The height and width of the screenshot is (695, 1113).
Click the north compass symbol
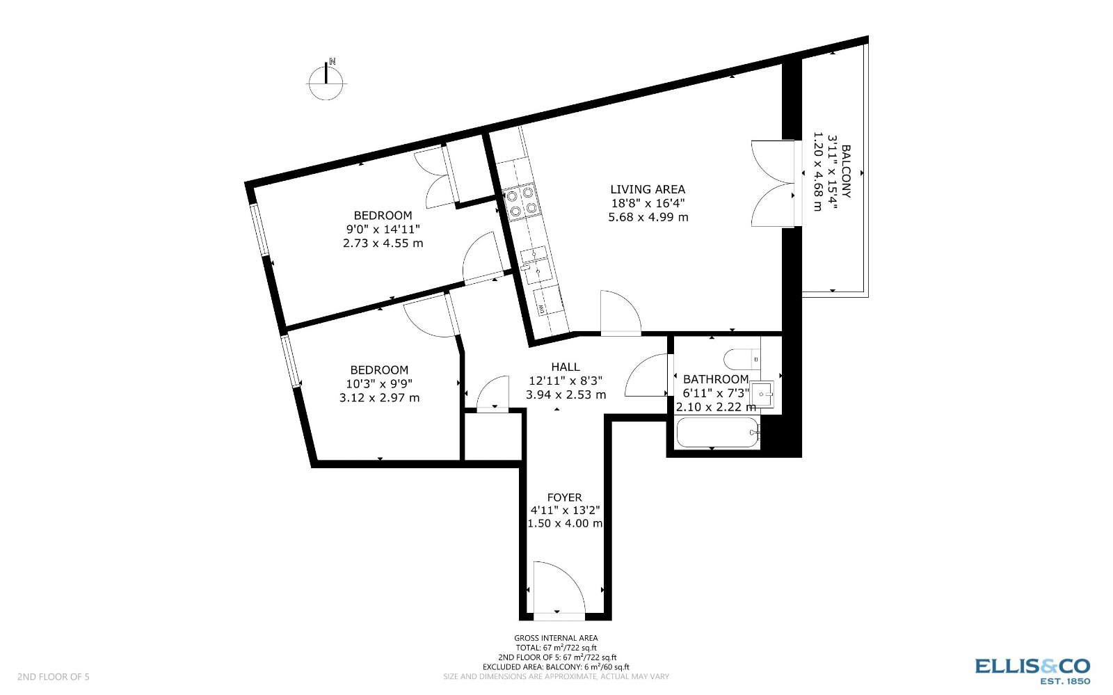326,81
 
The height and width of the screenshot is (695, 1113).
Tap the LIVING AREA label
648,189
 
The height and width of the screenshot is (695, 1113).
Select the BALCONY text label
846,172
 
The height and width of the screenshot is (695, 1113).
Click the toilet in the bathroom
740,359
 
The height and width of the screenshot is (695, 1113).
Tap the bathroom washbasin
762,394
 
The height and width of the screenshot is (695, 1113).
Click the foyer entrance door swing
559,588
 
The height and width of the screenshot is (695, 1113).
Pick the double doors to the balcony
772,184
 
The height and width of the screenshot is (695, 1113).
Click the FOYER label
564,497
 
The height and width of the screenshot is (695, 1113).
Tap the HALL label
565,367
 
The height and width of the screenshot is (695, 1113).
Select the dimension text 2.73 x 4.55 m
383,243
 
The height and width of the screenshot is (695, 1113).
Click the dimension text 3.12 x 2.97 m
379,398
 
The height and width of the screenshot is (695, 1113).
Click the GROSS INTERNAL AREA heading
555,638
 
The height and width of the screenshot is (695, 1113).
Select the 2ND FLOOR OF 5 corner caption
54,676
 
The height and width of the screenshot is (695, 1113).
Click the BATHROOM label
715,379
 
